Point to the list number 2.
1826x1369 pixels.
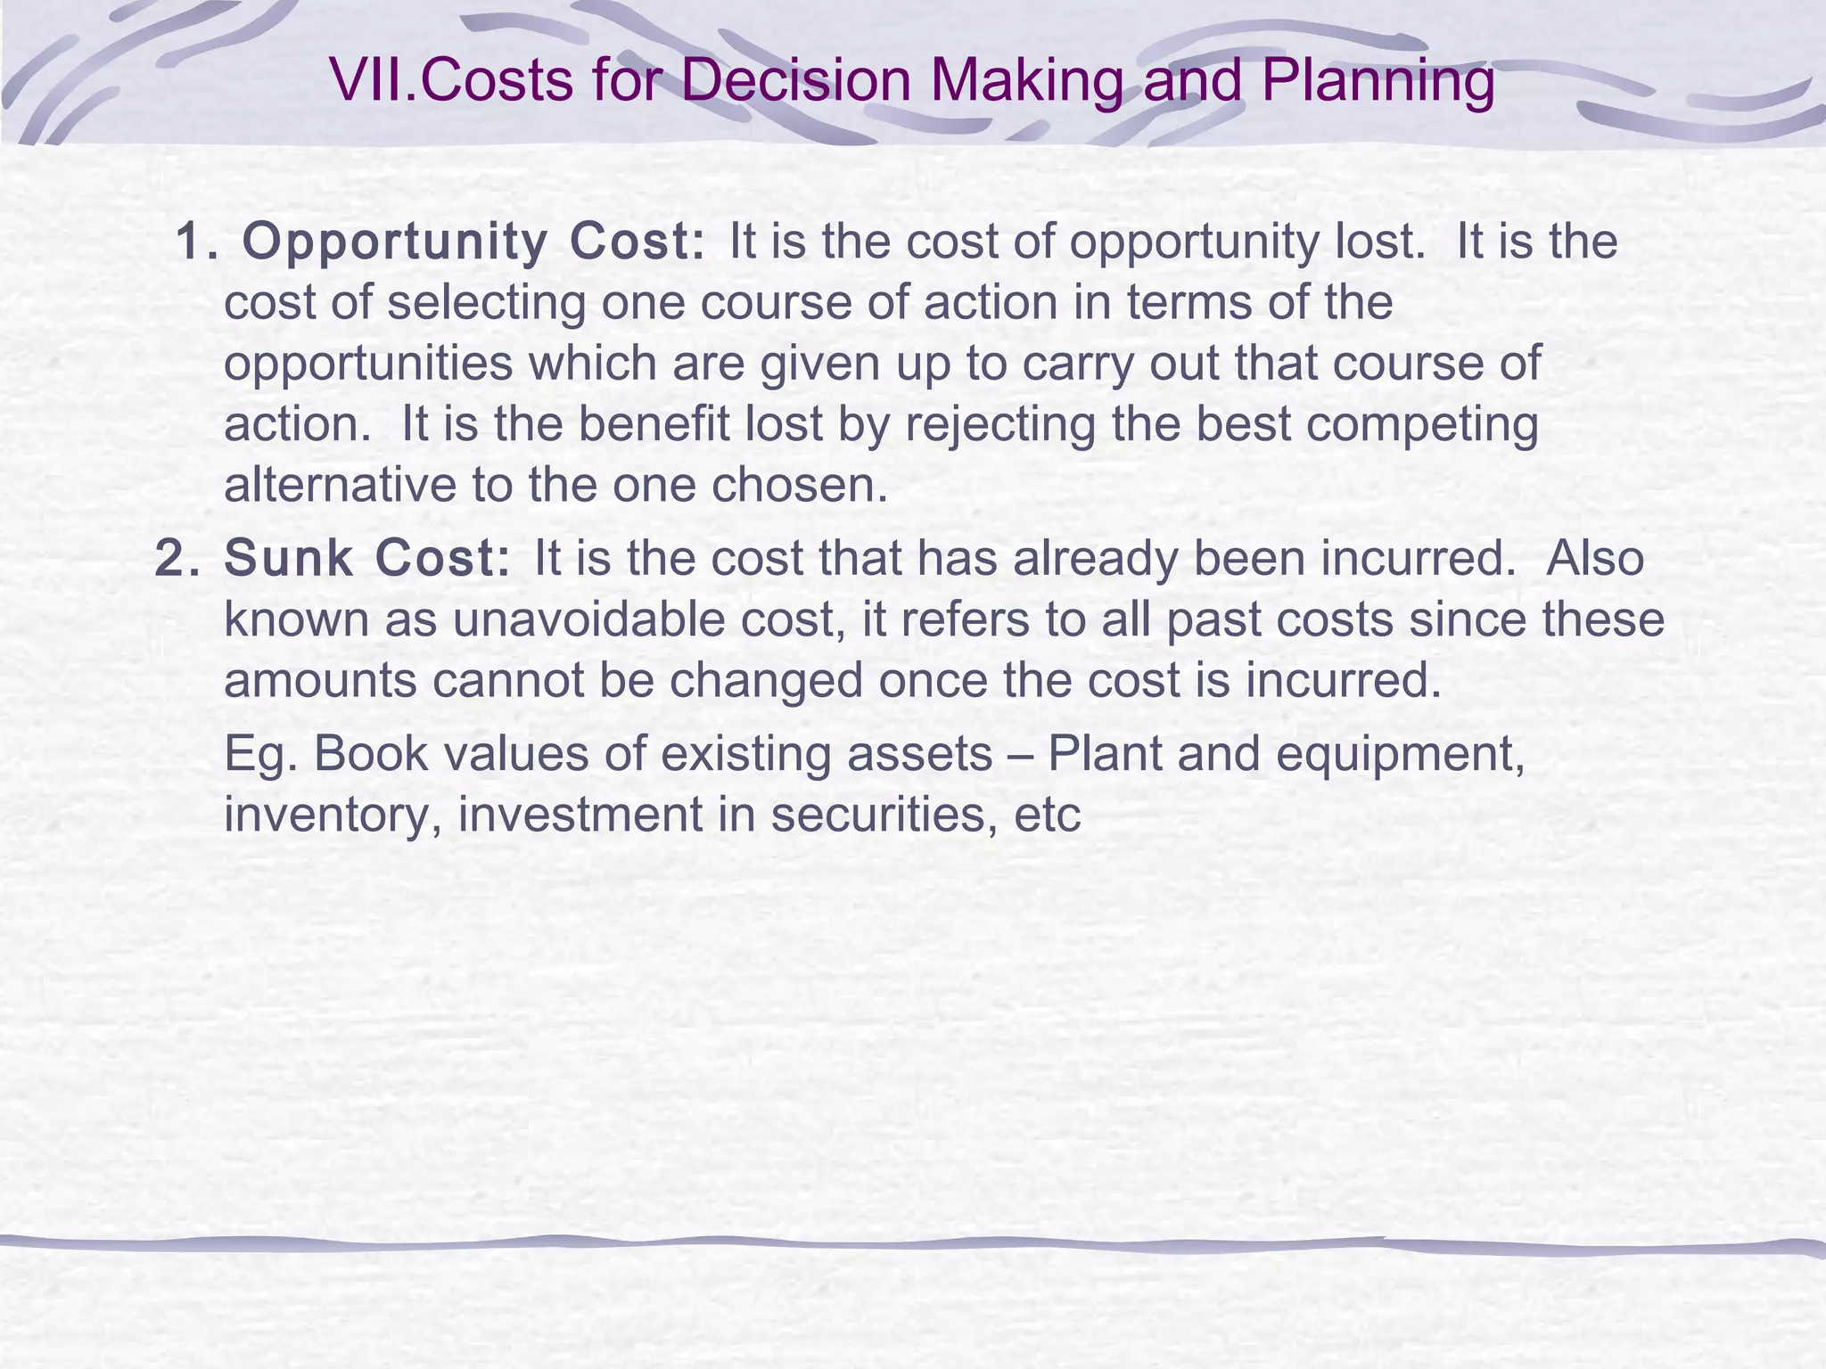click(x=177, y=559)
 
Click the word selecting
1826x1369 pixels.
click(x=487, y=303)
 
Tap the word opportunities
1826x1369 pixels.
click(x=368, y=364)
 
